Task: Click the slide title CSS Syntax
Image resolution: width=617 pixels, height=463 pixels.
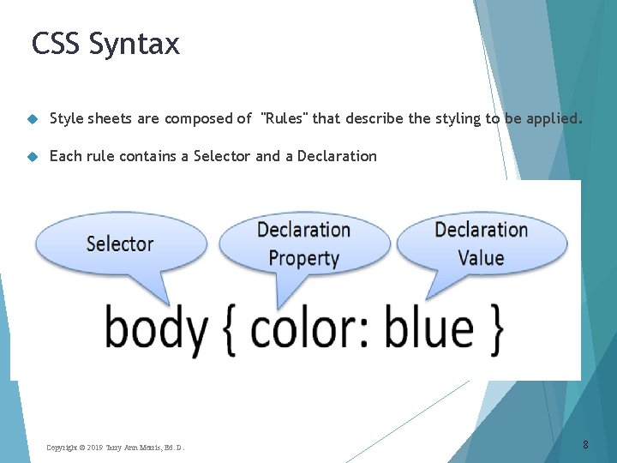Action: coord(105,43)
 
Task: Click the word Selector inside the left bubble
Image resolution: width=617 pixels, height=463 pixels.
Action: coord(120,244)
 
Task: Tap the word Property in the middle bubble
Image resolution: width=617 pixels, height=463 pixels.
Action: coord(303,258)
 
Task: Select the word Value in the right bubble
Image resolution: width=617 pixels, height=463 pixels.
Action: coord(481,258)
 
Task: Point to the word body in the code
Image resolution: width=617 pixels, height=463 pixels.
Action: coord(157,328)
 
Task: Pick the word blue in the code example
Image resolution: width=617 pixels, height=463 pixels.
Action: coord(428,328)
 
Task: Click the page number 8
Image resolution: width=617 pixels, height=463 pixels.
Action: coord(585,444)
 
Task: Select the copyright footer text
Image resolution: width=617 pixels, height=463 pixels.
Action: coord(115,448)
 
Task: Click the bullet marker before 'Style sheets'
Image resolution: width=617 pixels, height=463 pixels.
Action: coord(32,119)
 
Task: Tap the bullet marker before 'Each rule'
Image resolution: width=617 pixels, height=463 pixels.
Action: coord(32,156)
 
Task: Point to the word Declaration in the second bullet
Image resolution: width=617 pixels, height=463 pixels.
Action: coord(337,156)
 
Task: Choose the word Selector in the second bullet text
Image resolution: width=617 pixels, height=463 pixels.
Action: coord(222,156)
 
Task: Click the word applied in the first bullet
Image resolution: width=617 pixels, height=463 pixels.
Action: coord(554,118)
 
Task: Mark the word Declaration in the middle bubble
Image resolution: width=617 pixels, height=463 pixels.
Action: coord(303,230)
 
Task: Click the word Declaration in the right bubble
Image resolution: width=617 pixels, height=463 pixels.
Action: coord(481,230)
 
